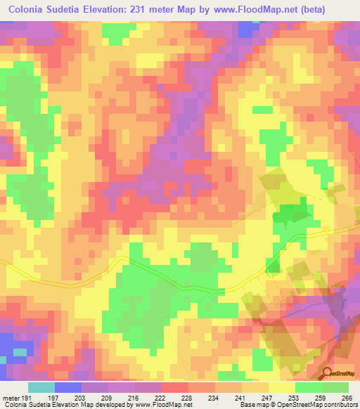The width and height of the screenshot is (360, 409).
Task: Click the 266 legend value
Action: point(347,397)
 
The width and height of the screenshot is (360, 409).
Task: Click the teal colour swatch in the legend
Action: point(41,387)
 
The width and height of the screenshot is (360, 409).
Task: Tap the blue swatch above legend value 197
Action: point(68,387)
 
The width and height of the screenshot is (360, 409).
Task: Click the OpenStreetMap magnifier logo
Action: point(329,374)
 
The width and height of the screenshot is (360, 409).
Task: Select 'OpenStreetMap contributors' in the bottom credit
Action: point(321,405)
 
